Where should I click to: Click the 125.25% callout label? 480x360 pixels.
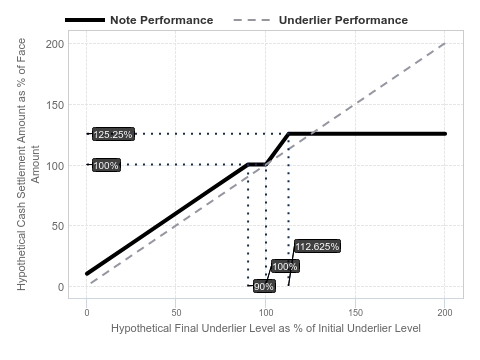(113, 134)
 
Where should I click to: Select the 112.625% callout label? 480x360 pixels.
(317, 246)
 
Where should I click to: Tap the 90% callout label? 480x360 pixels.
(264, 286)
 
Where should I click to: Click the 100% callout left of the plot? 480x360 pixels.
(106, 165)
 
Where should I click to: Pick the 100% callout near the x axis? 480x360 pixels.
(285, 266)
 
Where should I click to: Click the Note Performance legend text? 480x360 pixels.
(162, 20)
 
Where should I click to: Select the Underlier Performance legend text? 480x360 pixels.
(343, 20)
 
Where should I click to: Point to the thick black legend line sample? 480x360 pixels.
(85, 20)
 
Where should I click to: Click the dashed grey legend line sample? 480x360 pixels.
(252, 20)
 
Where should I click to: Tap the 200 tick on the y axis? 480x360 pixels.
(55, 44)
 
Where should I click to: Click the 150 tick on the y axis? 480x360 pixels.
(55, 105)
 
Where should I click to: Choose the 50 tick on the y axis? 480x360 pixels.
(58, 226)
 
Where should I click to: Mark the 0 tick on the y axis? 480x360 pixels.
(61, 287)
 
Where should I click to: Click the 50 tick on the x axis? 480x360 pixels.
(176, 312)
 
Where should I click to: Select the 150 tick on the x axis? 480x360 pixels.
(355, 312)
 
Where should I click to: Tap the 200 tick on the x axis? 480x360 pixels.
(445, 312)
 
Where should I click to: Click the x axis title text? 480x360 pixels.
(266, 328)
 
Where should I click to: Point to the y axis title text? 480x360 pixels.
(28, 164)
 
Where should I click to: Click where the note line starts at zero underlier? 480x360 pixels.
(87, 274)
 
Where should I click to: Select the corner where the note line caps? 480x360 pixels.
(289, 134)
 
